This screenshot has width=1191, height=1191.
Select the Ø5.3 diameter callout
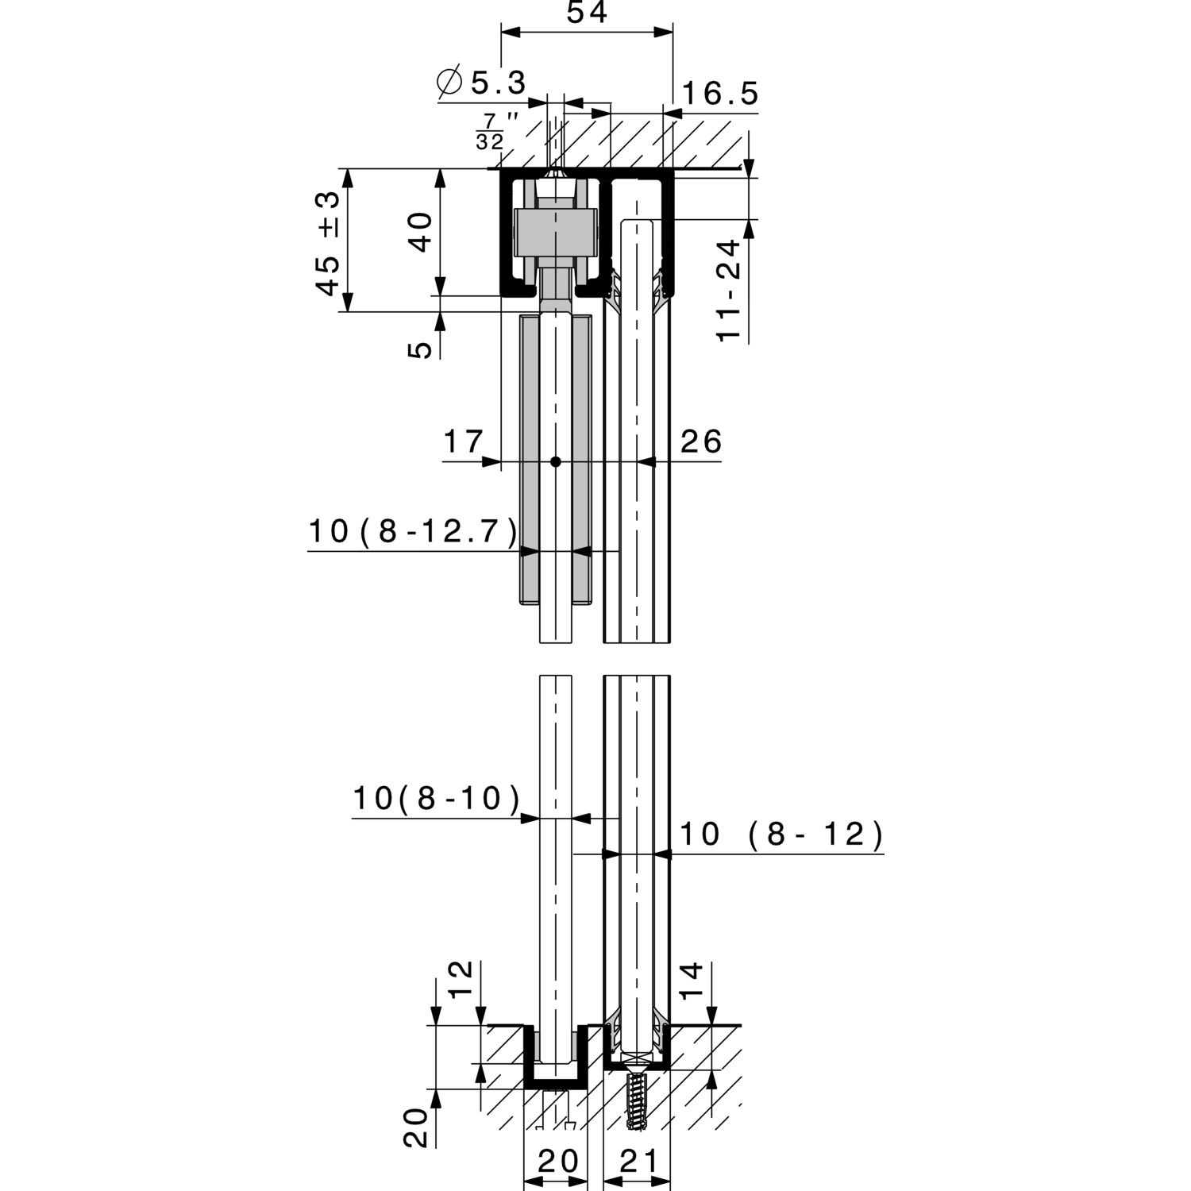[x=482, y=82]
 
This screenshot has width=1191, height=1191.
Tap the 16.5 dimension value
[x=719, y=94]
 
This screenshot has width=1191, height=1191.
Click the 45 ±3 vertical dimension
[x=328, y=243]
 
